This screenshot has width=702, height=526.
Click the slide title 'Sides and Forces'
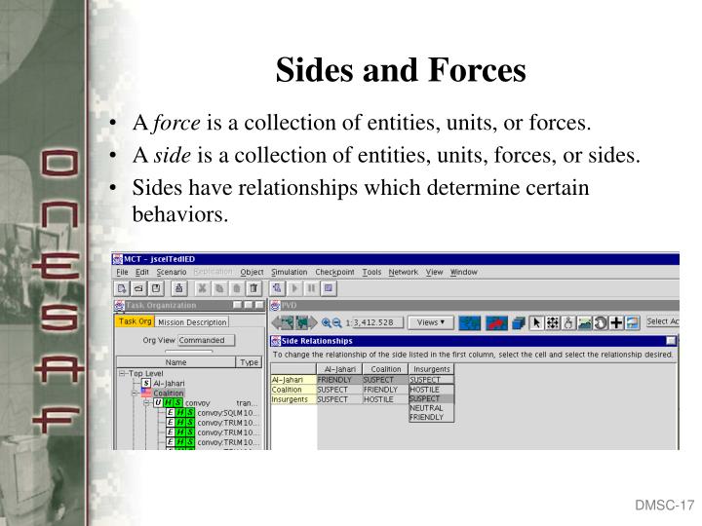tap(401, 70)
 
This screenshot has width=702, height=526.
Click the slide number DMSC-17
tap(663, 506)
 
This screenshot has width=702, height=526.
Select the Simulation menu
tap(290, 272)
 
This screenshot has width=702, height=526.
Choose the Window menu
tap(464, 272)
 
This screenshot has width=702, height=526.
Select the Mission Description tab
tap(192, 322)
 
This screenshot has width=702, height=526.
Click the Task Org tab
tap(135, 321)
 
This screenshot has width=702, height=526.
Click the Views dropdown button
tap(433, 321)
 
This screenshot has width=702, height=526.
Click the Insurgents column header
tap(431, 370)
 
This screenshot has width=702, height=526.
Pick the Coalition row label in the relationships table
tap(288, 390)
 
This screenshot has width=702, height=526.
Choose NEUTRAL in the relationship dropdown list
tap(426, 408)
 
